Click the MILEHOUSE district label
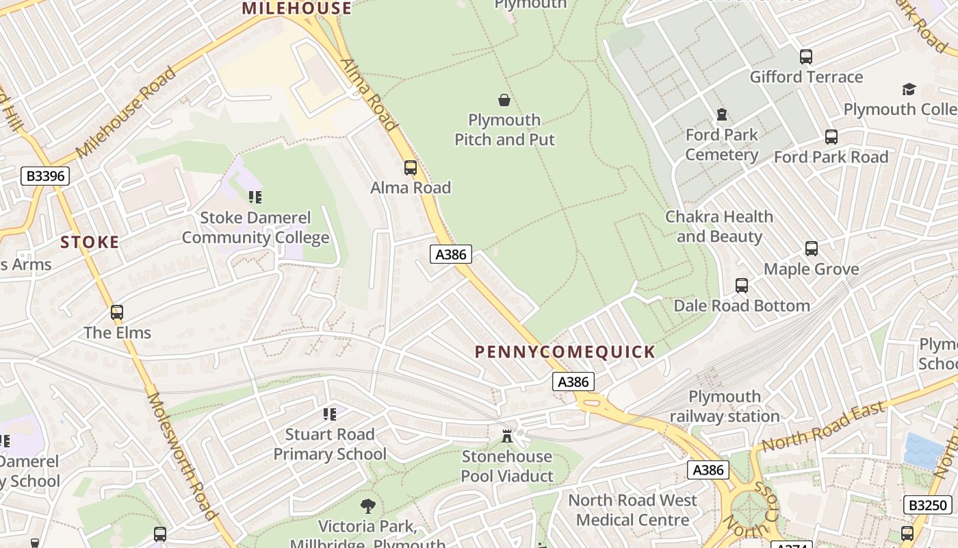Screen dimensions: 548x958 [297, 8]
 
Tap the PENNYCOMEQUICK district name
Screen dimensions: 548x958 [565, 352]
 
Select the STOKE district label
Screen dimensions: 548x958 [90, 242]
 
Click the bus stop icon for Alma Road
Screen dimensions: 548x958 [411, 167]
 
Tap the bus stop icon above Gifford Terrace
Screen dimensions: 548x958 [806, 57]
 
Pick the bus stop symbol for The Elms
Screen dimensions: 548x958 [117, 312]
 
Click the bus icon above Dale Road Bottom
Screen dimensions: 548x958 [742, 285]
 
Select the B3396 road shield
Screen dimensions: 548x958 [45, 176]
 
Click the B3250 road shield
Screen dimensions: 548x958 [927, 506]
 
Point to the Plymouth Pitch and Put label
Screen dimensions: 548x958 [504, 129]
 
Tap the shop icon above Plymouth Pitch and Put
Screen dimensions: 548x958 [504, 100]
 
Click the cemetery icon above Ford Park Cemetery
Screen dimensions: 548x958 [721, 114]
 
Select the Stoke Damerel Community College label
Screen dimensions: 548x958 [255, 228]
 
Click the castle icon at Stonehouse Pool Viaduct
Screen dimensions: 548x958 [507, 436]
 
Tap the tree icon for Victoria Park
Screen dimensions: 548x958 [368, 506]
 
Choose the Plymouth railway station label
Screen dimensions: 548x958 [724, 406]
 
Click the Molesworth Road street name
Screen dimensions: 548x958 [182, 456]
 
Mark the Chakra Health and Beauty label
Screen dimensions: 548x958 [719, 227]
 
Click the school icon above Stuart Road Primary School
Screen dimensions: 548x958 [330, 414]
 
